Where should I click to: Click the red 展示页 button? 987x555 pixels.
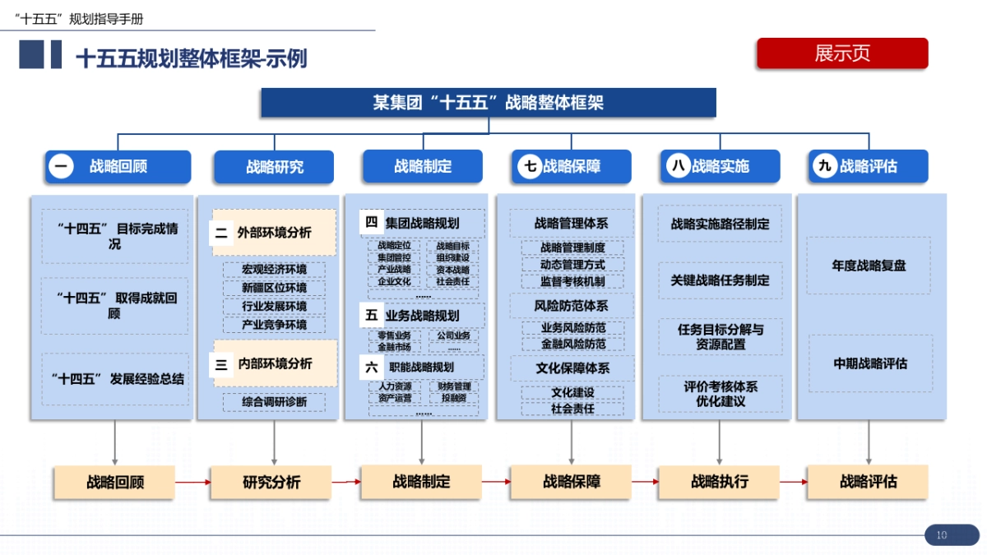[842, 53]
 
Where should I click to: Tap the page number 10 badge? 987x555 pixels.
[942, 535]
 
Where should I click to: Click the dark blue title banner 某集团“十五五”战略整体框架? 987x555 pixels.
[489, 103]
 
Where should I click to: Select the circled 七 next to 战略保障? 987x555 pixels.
[530, 166]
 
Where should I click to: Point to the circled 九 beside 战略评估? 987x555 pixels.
[824, 166]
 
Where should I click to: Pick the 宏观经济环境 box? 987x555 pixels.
[274, 270]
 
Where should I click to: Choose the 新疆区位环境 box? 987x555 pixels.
[274, 288]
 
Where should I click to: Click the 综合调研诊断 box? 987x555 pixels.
[274, 402]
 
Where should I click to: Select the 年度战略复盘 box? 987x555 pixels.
[869, 266]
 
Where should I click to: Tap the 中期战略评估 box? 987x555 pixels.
[870, 363]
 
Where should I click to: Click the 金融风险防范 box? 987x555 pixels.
[572, 344]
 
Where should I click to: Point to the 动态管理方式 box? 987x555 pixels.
[572, 265]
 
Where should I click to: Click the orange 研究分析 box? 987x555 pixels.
[271, 482]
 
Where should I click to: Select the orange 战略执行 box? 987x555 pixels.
[720, 482]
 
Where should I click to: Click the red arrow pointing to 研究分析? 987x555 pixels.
[192, 483]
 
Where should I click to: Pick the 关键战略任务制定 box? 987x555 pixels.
[720, 280]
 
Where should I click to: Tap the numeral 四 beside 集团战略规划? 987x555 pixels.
[372, 223]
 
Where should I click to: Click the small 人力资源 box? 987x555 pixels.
[395, 386]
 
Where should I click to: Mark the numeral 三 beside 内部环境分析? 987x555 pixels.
[222, 363]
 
